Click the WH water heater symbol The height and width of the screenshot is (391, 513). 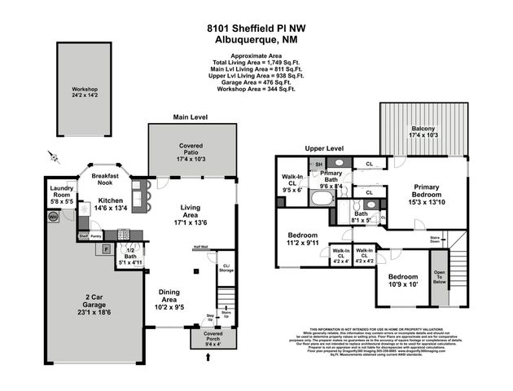pos(53,217)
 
